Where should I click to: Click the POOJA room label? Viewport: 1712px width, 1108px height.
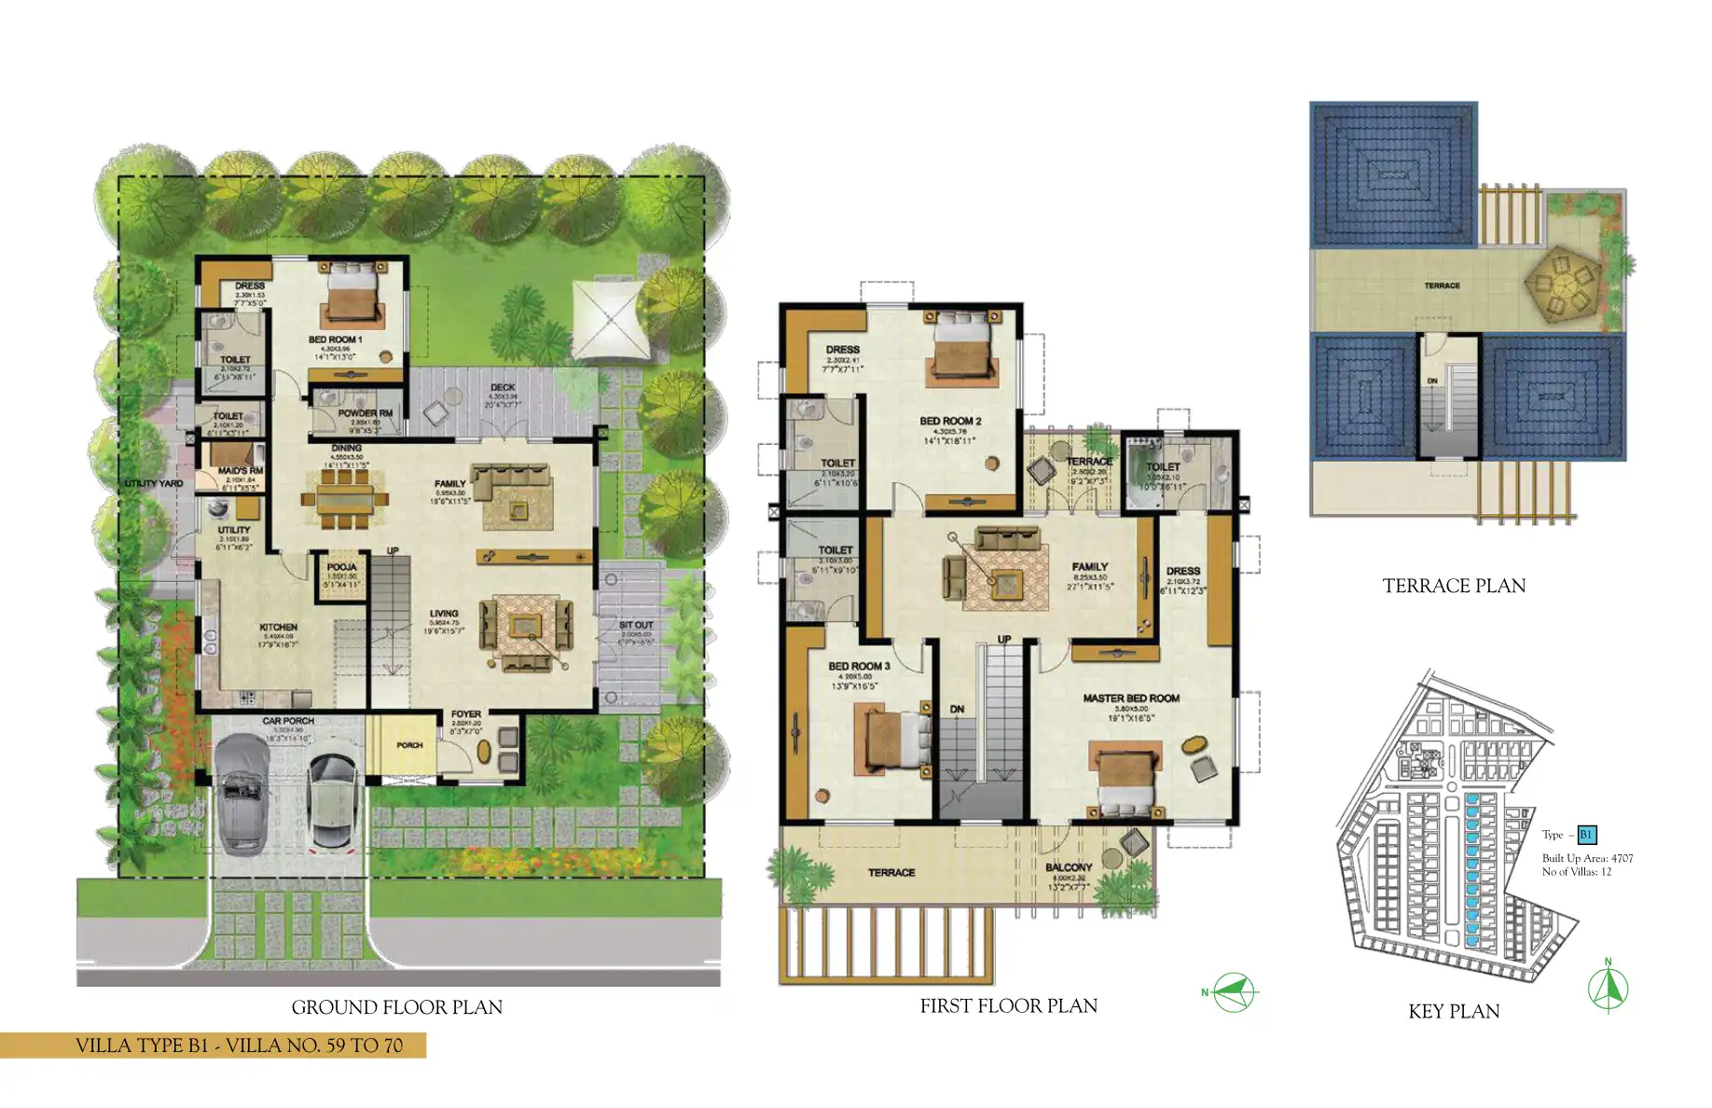pyautogui.click(x=341, y=567)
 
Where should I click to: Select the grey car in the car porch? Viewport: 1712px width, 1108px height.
pyautogui.click(x=242, y=792)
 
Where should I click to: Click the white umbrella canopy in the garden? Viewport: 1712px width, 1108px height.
pyautogui.click(x=611, y=318)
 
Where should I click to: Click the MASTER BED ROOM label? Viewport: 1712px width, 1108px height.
pyautogui.click(x=1130, y=698)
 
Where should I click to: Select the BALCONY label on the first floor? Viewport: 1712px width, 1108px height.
pyautogui.click(x=1068, y=866)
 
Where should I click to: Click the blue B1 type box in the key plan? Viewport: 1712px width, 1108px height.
pyautogui.click(x=1586, y=835)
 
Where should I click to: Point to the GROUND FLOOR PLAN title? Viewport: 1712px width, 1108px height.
pyautogui.click(x=396, y=1007)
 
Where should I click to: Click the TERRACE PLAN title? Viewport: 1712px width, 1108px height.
pyautogui.click(x=1453, y=586)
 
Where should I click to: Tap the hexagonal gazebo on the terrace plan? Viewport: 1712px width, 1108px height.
pyautogui.click(x=1563, y=280)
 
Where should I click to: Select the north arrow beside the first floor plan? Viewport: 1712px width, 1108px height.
pyautogui.click(x=1233, y=992)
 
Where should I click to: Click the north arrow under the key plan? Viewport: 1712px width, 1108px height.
pyautogui.click(x=1608, y=989)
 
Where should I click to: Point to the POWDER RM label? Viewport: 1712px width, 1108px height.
pyautogui.click(x=365, y=412)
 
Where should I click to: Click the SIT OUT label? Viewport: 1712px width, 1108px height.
pyautogui.click(x=636, y=625)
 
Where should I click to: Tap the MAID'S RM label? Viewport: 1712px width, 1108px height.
pyautogui.click(x=240, y=471)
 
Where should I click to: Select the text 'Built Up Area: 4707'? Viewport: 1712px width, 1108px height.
pyautogui.click(x=1587, y=858)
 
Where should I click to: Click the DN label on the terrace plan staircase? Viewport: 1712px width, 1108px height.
pyautogui.click(x=1432, y=381)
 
